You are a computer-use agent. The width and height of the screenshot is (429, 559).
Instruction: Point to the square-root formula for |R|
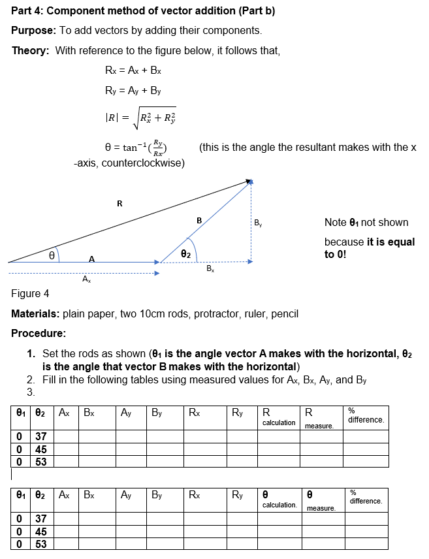point(140,118)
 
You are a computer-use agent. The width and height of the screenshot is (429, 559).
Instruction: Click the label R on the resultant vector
point(119,203)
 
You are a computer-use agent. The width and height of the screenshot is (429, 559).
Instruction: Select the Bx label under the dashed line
point(210,269)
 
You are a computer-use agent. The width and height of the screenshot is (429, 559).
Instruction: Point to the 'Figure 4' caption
point(30,293)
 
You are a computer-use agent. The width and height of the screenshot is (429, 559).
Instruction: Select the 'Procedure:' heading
point(38,333)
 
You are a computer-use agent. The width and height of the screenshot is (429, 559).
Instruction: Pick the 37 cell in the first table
point(40,436)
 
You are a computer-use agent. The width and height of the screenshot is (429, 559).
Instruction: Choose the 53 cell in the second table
point(40,544)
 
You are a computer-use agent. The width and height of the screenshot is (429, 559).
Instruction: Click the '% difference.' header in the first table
point(366,415)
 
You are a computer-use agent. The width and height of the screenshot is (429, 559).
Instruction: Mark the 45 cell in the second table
point(40,532)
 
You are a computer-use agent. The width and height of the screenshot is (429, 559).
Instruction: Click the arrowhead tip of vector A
point(158,263)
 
